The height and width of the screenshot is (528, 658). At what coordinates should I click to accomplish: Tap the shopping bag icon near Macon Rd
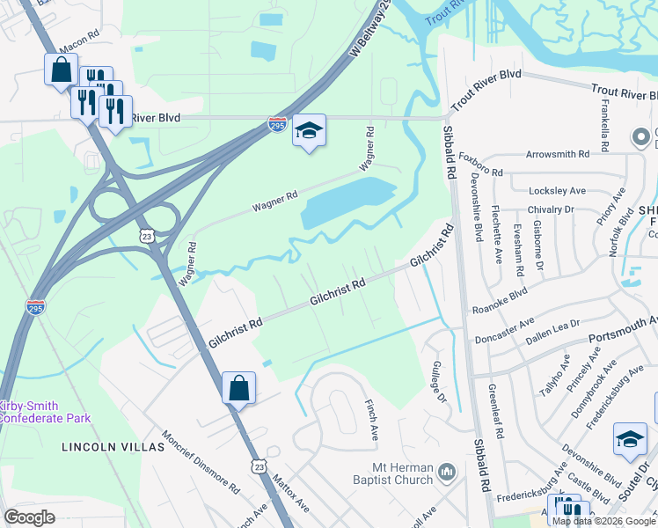click(61, 70)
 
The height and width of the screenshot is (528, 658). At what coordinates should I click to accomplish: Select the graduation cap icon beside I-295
click(309, 131)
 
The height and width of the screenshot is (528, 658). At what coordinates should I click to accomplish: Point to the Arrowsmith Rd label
click(557, 154)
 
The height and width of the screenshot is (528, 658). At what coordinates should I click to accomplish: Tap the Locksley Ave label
click(557, 190)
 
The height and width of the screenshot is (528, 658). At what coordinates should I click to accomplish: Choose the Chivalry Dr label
click(551, 209)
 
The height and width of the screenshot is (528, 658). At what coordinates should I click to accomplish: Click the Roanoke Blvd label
click(500, 299)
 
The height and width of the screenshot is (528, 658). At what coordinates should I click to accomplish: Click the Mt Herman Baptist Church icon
click(447, 473)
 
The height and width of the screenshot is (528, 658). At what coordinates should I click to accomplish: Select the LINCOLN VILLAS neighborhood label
click(113, 447)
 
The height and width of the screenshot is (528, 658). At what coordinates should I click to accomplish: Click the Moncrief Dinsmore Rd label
click(201, 462)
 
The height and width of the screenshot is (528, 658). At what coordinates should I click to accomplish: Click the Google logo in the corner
click(29, 517)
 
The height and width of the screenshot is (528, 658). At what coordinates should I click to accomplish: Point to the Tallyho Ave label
click(554, 376)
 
